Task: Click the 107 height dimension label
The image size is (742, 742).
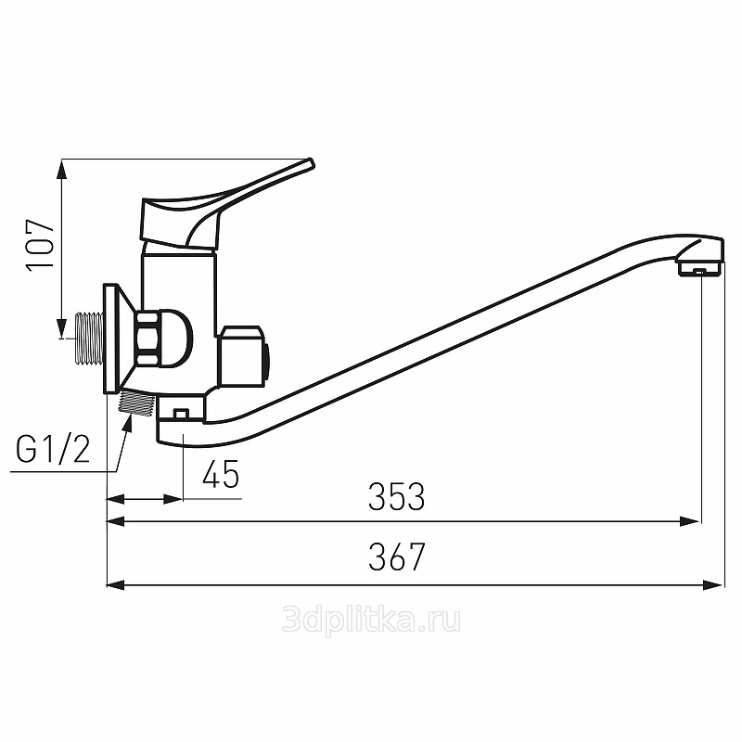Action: [x=40, y=245]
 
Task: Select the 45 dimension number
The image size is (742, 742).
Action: [x=221, y=474]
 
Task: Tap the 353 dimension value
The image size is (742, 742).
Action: [x=397, y=496]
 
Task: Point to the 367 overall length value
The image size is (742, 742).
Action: [x=397, y=556]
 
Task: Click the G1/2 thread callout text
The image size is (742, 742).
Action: [x=53, y=449]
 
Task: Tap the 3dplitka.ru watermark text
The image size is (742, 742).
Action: [x=371, y=620]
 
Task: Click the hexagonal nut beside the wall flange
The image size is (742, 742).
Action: [x=148, y=339]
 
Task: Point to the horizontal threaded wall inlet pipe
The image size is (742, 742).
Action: [x=89, y=339]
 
